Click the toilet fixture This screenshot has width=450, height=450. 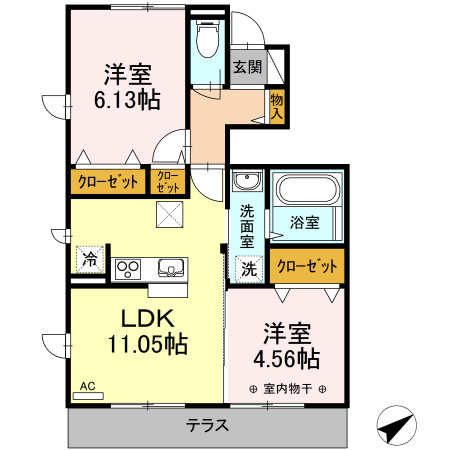pyautogui.click(x=208, y=42)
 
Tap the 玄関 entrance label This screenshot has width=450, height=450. pyautogui.click(x=248, y=68)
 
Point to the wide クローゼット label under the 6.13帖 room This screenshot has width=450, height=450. pyautogui.click(x=107, y=183)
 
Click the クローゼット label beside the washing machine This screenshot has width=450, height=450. pyautogui.click(x=306, y=267)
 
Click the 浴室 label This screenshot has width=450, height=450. pyautogui.click(x=305, y=222)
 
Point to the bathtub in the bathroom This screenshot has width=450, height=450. pyautogui.click(x=308, y=190)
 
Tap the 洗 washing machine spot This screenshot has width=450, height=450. pyautogui.click(x=247, y=268)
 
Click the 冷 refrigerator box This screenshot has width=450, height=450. pyautogui.click(x=90, y=259)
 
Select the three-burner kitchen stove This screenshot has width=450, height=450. pyautogui.click(x=130, y=268)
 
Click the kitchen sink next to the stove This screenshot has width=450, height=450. pyautogui.click(x=168, y=268)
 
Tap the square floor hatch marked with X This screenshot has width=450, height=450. pyautogui.click(x=169, y=213)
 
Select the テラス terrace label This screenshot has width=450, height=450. pyautogui.click(x=208, y=425)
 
